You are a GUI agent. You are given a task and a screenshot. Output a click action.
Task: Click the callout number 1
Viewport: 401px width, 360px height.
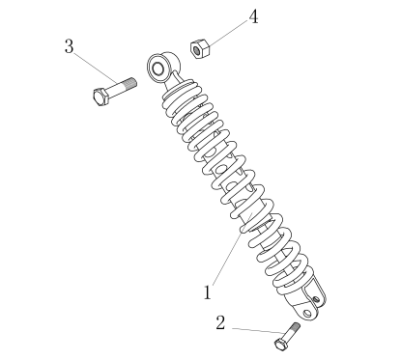208,292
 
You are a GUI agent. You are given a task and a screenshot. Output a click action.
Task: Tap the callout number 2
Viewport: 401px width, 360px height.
220,322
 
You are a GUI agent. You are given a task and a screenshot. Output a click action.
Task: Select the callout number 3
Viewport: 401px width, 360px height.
69,46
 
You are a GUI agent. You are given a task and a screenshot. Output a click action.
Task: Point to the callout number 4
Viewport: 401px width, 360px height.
254,16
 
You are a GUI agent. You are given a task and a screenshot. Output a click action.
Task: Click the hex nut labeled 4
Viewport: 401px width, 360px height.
200,49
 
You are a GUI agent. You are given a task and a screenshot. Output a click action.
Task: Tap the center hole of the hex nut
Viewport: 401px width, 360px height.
196,50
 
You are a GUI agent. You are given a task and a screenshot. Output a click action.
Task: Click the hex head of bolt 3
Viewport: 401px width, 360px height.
100,96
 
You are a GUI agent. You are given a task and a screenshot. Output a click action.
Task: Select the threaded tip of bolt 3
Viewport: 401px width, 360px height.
130,83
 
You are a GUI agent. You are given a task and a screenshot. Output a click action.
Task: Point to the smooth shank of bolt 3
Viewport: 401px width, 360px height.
116,89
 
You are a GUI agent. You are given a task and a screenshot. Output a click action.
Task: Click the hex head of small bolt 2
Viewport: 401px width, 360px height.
280,344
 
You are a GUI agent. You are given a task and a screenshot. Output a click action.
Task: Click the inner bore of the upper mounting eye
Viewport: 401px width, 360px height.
158,69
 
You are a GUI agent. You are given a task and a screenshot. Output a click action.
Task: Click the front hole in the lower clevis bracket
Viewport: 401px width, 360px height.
307,313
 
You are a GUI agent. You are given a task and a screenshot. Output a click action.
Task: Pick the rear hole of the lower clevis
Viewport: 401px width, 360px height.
317,299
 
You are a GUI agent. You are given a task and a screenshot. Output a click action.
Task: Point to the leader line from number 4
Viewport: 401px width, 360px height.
228,31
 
